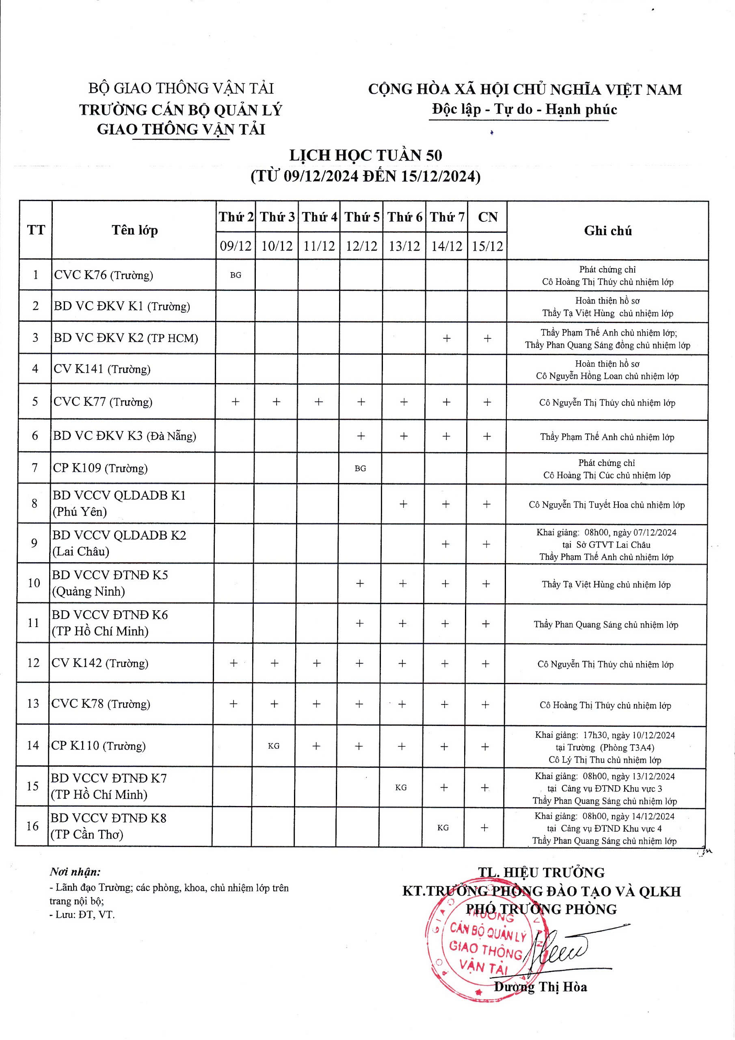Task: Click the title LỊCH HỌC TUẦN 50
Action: pos(366,155)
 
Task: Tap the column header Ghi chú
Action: pos(607,231)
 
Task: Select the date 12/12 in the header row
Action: pos(361,246)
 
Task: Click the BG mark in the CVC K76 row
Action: pos(236,275)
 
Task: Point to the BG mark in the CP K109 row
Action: pos(361,468)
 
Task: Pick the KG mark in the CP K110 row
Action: pos(274,745)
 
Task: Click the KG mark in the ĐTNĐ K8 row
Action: pos(443,828)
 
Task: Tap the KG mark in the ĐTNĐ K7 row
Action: pos(401,787)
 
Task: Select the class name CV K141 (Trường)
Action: pos(102,369)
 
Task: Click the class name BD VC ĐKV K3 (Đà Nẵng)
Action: pos(125,436)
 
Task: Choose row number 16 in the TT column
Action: pos(32,826)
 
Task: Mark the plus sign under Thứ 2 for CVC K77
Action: pos(236,401)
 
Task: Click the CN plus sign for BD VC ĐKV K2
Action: pos(487,338)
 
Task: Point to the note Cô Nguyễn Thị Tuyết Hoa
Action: pos(606,505)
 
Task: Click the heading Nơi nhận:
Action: pos(75,872)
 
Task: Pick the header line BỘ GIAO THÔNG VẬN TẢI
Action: pos(181,88)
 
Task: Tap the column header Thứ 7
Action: pos(447,217)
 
